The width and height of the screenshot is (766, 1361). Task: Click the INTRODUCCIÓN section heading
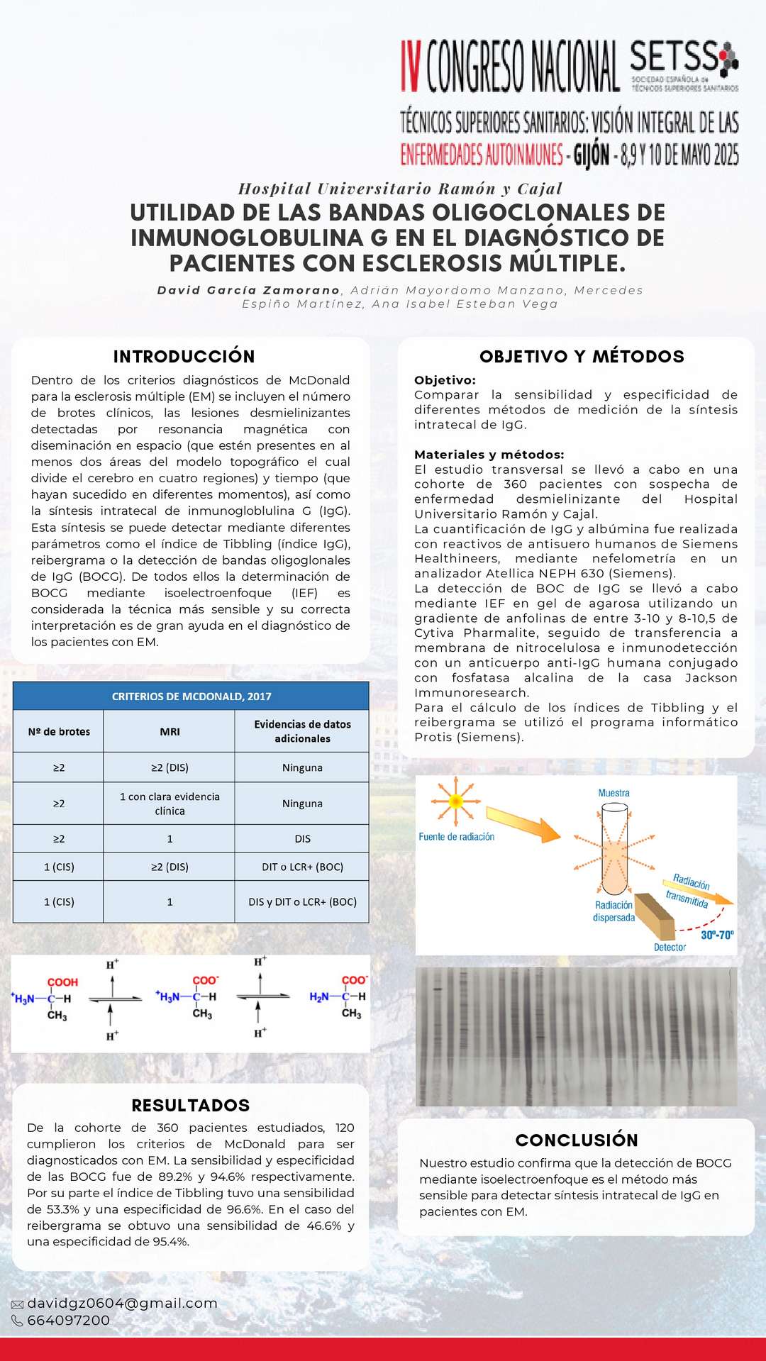click(184, 356)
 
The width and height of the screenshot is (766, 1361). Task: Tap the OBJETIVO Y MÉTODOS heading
click(582, 356)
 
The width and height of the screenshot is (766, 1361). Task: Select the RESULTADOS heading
click(190, 1105)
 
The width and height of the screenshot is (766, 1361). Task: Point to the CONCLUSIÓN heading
click(577, 1140)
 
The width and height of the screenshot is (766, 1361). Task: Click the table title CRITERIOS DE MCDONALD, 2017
click(191, 696)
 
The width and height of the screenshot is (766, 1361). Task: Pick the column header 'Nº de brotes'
click(59, 731)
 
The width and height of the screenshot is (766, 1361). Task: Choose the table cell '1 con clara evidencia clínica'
click(170, 804)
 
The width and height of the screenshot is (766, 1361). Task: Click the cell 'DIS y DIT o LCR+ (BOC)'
click(302, 901)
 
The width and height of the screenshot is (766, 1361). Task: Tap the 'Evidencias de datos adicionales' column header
click(302, 731)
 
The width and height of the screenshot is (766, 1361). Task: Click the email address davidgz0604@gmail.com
click(122, 1303)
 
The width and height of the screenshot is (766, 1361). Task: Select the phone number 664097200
click(68, 1320)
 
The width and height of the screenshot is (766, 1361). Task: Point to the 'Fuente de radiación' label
click(456, 837)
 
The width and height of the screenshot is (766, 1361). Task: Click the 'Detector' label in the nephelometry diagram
click(670, 947)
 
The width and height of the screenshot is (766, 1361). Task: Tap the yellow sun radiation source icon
click(455, 801)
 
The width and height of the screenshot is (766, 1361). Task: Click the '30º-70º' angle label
click(717, 935)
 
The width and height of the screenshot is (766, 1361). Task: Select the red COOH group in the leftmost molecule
click(62, 982)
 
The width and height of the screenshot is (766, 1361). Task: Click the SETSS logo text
click(673, 57)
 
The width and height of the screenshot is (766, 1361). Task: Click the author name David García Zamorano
click(248, 290)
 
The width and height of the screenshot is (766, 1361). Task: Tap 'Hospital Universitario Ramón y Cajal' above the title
click(400, 189)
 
